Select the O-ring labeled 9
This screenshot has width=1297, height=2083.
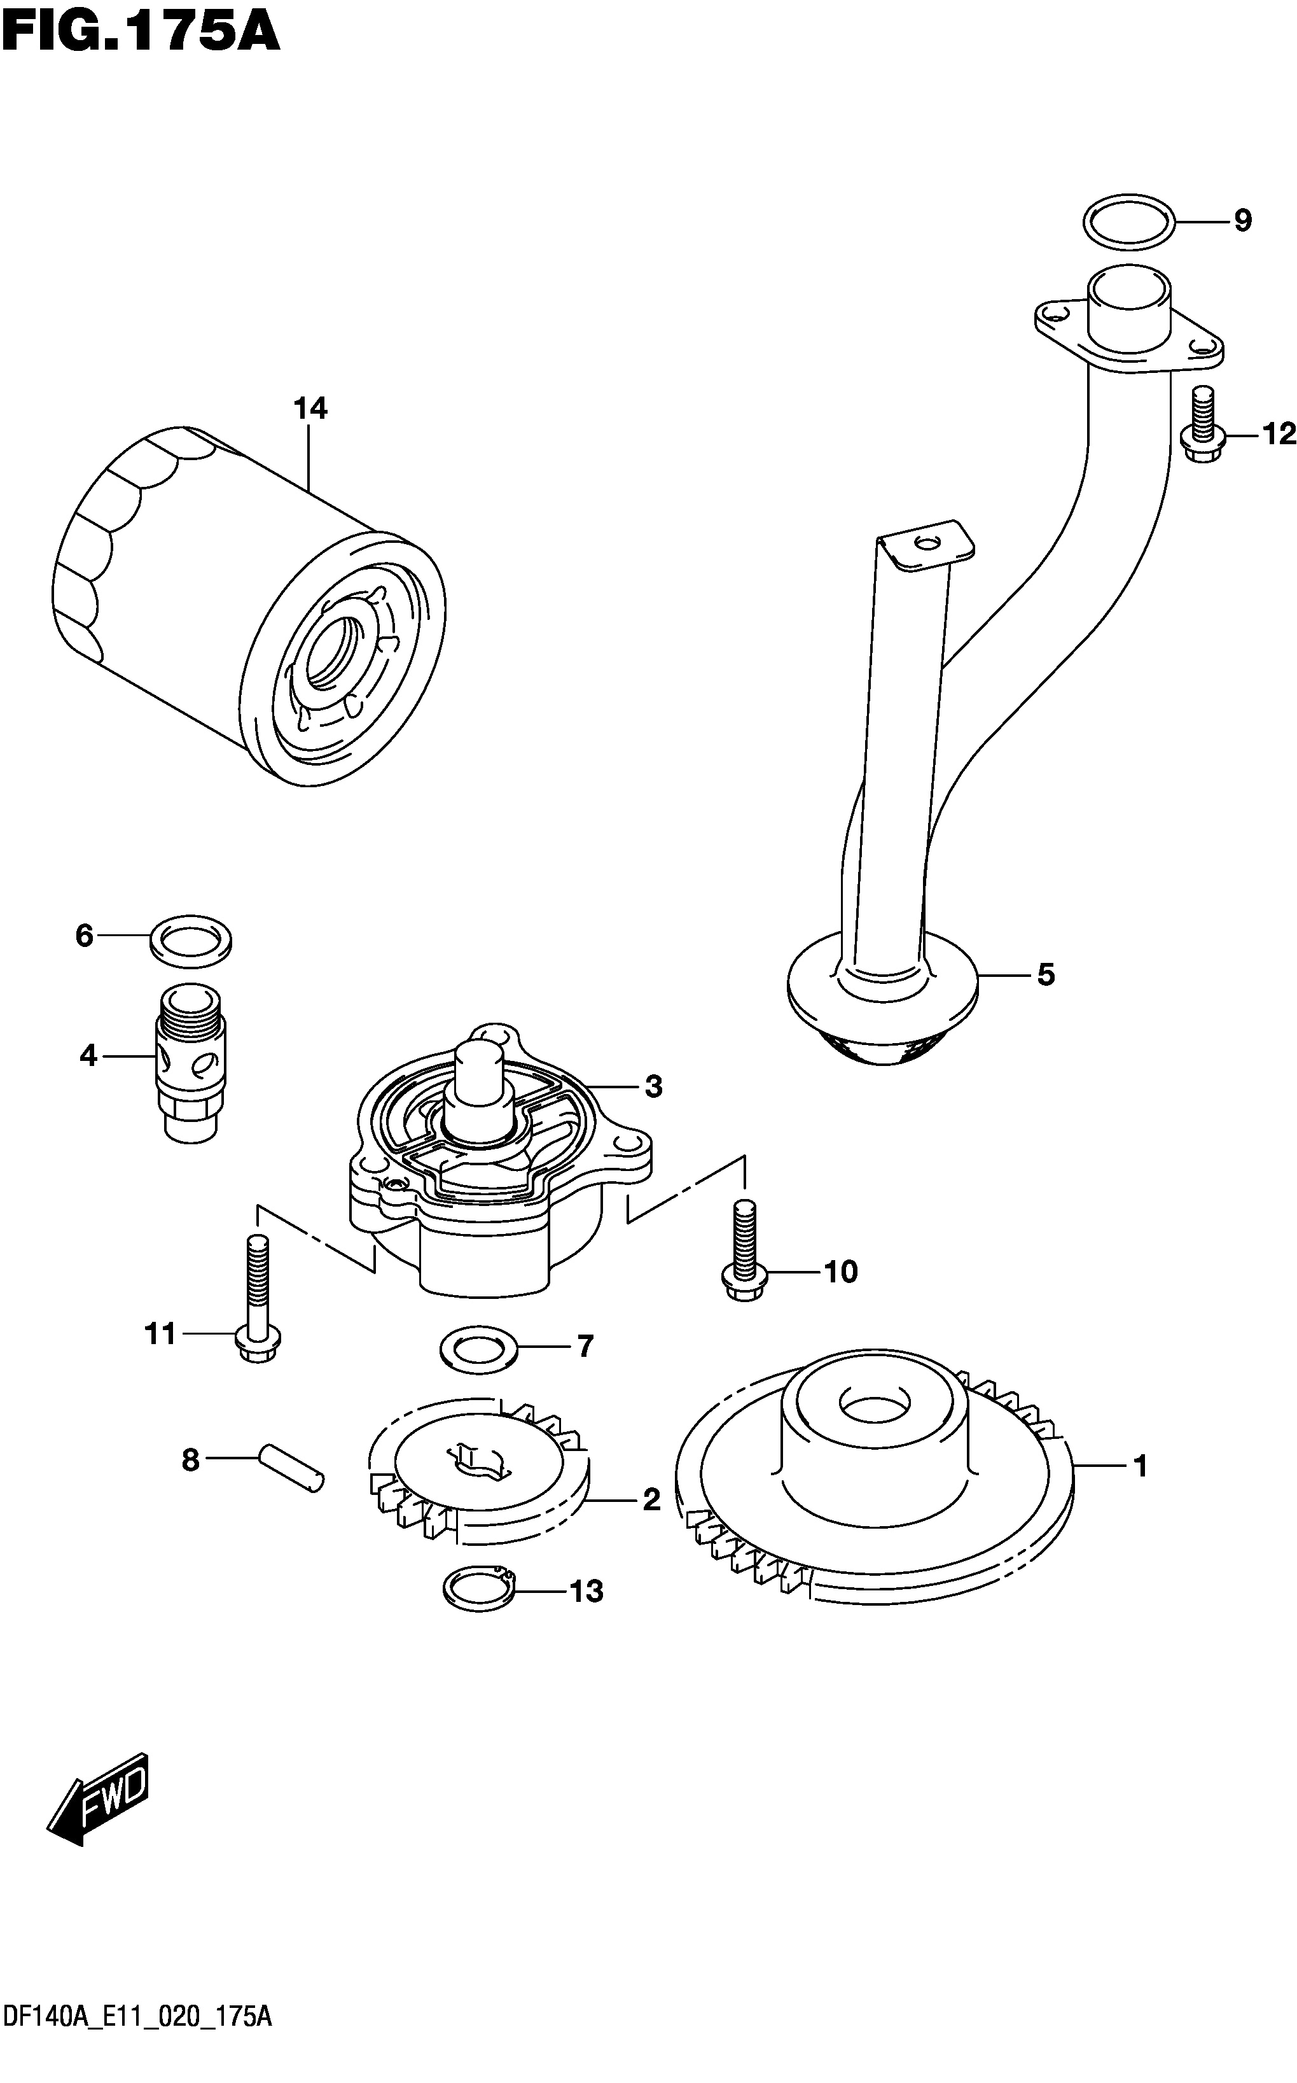tap(1128, 222)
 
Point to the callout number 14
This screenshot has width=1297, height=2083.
tap(310, 409)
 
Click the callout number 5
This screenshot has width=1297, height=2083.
tap(1046, 975)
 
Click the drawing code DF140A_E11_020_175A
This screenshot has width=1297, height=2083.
tap(138, 2058)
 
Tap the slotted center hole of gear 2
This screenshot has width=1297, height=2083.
tap(473, 1460)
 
